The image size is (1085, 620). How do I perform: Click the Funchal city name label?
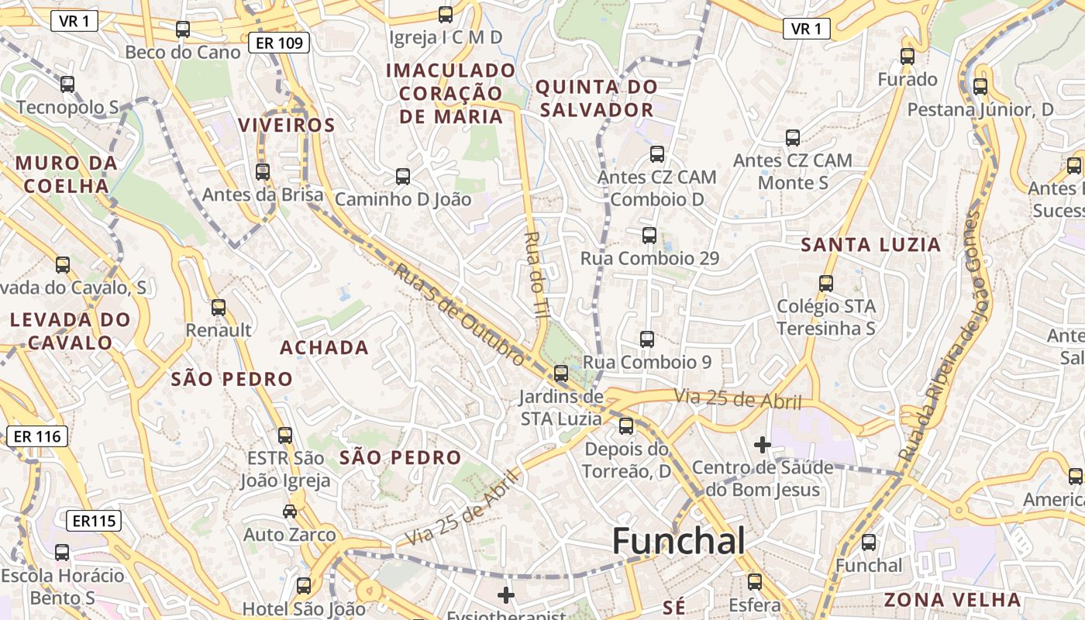679,541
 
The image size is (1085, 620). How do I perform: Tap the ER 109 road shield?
279,43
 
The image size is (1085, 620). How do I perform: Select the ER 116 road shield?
37,436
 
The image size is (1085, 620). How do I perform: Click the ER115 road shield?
94,521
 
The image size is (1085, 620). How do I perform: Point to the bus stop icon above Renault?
219,308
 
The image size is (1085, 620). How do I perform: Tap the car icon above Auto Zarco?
289,511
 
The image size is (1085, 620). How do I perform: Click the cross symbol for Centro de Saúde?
763,445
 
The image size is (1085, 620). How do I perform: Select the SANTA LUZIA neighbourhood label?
870,245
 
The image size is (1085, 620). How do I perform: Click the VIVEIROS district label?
287,125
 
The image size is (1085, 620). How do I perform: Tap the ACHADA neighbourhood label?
324,348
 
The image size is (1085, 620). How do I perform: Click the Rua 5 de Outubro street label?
458,313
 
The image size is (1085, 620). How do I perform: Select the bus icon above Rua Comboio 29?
649,236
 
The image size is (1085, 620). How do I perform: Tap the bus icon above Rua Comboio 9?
647,339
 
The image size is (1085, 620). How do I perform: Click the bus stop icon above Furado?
908,56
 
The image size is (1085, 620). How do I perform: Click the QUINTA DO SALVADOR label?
597,98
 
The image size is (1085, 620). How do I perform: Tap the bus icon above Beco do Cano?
183,29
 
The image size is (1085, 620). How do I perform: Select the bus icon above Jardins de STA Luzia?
561,374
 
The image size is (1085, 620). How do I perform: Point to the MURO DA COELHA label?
66,174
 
